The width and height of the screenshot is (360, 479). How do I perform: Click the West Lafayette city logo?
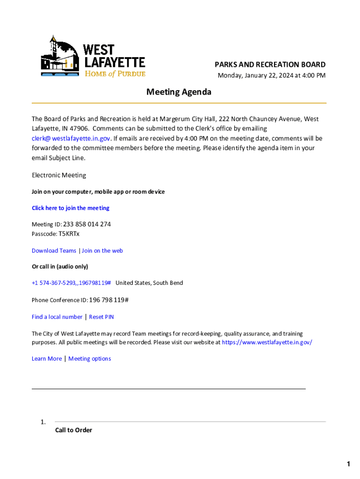click(93, 57)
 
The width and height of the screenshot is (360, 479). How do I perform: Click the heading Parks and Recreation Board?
click(270, 65)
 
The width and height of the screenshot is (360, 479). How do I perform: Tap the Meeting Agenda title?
click(179, 92)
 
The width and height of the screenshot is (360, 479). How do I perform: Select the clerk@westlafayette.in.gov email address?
click(71, 138)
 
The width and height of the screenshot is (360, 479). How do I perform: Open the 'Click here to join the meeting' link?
click(71, 208)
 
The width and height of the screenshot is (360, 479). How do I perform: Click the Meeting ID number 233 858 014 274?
click(90, 225)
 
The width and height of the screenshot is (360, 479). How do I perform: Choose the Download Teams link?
click(54, 251)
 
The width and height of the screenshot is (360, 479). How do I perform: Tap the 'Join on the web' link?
click(102, 251)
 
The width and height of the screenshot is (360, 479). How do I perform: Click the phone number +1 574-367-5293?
click(71, 283)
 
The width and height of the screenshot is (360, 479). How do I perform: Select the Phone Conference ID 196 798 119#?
click(108, 300)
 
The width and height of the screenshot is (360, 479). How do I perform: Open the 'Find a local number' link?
click(57, 317)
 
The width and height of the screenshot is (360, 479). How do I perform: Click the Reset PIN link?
click(101, 317)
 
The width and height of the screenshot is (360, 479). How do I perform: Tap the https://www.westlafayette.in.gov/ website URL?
click(266, 342)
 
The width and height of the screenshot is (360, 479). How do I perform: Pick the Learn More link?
click(47, 359)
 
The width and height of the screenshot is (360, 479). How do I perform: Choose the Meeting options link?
click(90, 359)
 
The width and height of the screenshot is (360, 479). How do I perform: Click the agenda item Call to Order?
click(73, 430)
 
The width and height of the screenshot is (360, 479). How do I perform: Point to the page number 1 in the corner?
click(348, 464)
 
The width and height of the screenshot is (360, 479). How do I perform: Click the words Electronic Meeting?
click(59, 175)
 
